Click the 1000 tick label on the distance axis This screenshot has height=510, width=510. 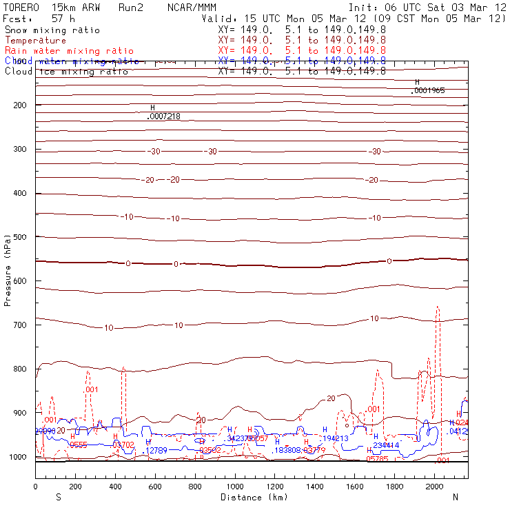(235, 487)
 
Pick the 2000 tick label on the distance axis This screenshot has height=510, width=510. (435, 487)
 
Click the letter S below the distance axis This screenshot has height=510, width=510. (59, 497)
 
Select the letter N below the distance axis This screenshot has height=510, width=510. (455, 497)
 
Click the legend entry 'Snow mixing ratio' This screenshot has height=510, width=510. (52, 30)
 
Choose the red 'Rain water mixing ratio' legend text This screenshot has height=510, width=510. (68, 51)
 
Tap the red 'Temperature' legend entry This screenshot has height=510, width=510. (36, 41)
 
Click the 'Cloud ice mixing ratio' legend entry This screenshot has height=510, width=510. (65, 71)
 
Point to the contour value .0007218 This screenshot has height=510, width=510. (164, 116)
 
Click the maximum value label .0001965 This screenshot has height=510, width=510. (429, 90)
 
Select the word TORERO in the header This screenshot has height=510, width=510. (21, 7)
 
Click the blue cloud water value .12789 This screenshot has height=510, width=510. (155, 450)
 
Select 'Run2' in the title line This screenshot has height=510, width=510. (130, 7)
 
